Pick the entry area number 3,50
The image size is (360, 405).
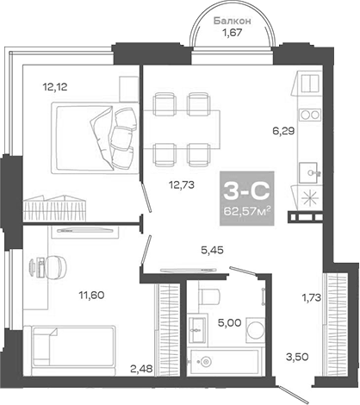coord(295,355)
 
